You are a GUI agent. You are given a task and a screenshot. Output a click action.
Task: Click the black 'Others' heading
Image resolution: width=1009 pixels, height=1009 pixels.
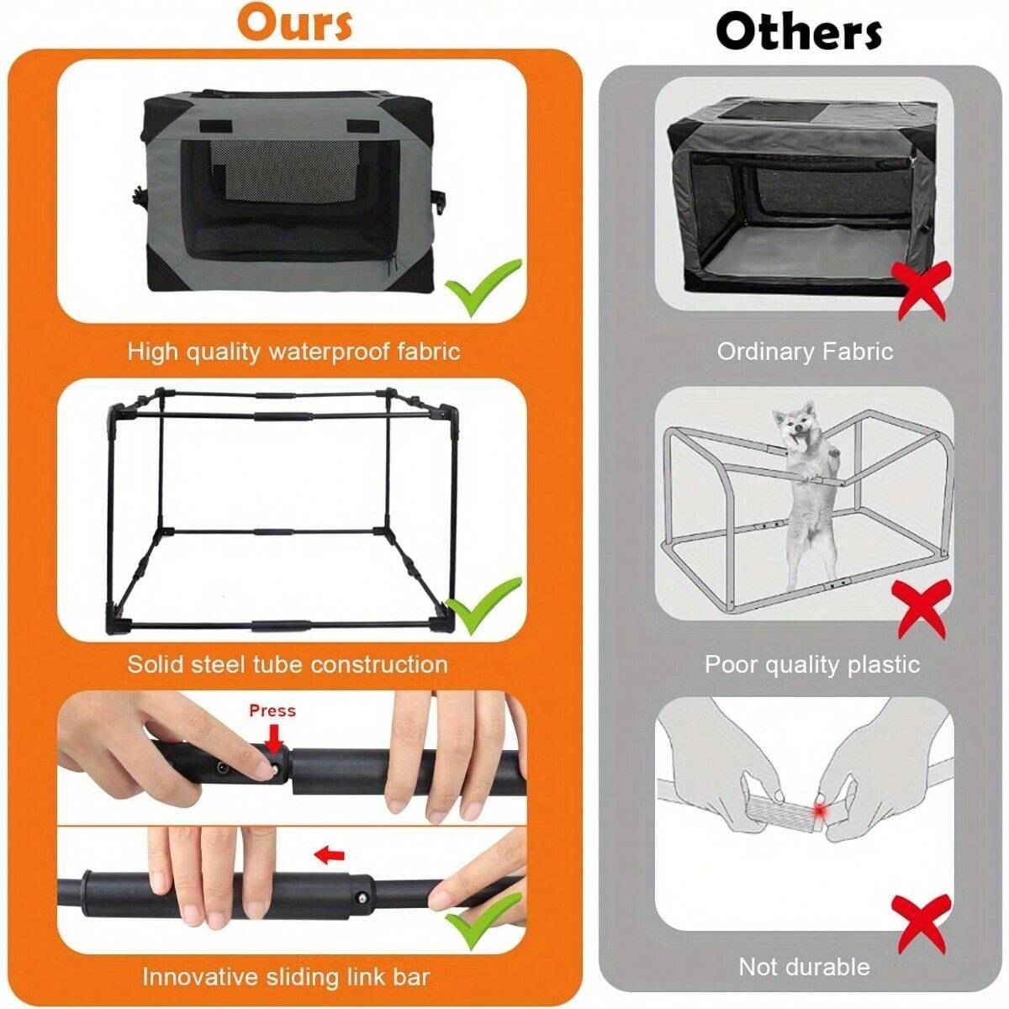point(798,32)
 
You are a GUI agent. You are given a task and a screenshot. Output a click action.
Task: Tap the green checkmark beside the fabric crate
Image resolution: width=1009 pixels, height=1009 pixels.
point(483,286)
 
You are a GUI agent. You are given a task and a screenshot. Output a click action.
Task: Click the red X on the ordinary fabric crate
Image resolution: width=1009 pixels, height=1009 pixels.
point(922,288)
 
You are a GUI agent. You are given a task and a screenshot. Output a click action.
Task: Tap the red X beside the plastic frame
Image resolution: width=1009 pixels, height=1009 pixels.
point(923,608)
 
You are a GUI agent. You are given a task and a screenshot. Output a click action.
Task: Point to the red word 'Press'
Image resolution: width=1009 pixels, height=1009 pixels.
point(272,711)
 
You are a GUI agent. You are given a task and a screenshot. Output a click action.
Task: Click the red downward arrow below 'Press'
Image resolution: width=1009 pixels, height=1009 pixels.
point(272,739)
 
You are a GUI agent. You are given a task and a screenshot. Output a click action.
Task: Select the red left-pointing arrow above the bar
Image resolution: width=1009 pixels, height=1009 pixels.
point(329,856)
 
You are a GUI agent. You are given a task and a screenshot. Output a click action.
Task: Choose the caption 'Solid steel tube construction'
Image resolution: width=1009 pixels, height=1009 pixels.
point(288,664)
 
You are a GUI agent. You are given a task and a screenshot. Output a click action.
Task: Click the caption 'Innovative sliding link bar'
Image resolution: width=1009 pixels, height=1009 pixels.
point(286,977)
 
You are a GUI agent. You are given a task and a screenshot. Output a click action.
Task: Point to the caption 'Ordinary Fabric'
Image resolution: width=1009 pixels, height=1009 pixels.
point(805,351)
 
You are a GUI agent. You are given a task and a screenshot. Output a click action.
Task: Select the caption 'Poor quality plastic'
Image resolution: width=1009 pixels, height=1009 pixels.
point(811,664)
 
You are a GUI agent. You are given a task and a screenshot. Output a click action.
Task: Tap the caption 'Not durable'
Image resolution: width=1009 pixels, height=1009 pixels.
point(804,967)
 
